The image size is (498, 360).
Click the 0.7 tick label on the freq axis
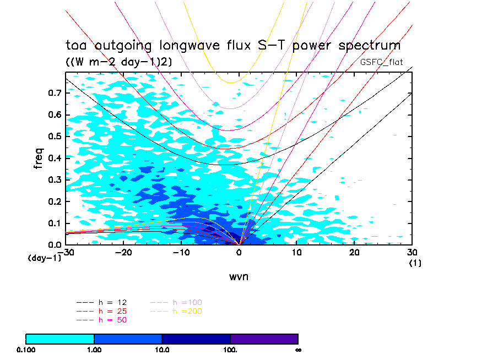coord(53,93)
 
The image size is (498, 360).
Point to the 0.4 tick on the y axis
coord(53,158)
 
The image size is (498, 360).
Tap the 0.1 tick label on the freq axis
coord(53,223)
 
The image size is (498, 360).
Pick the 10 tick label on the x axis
coord(297,253)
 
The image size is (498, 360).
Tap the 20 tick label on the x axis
coord(354,253)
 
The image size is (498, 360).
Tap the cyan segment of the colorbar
coord(60,339)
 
